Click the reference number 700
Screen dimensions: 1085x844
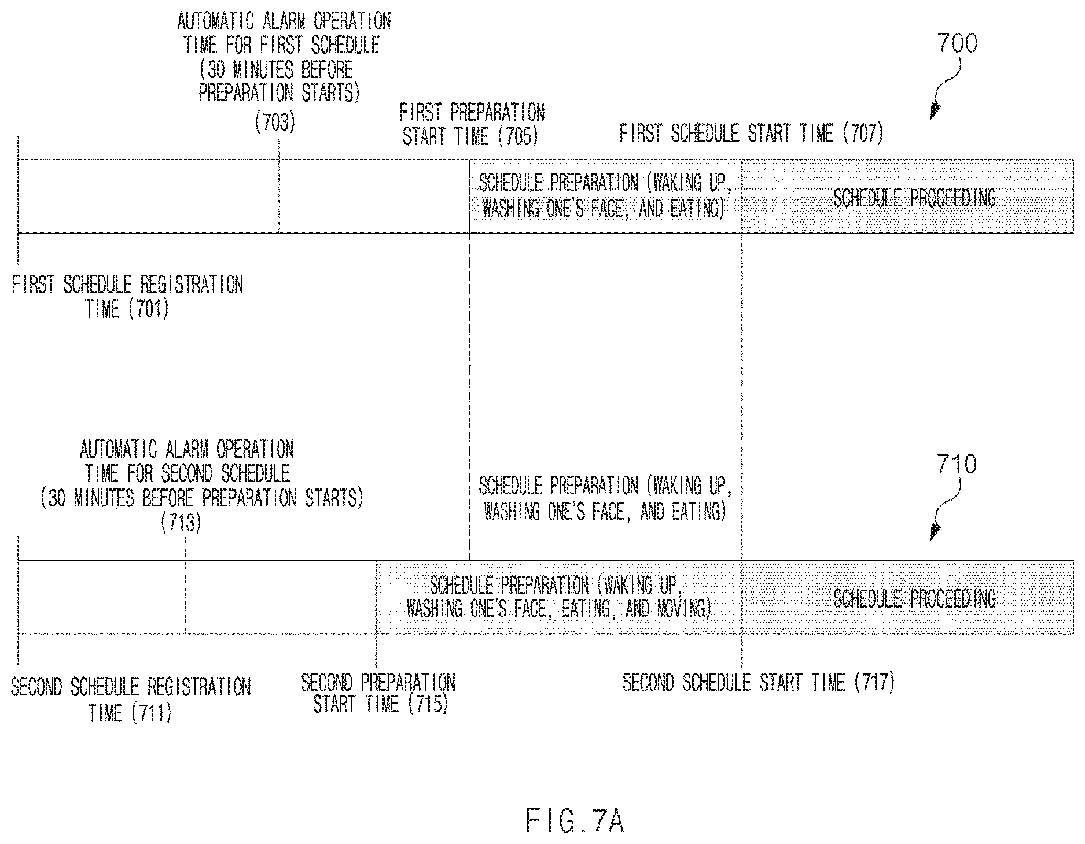tap(957, 44)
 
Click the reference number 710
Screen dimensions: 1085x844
tap(957, 464)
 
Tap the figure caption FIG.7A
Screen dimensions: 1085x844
tap(575, 821)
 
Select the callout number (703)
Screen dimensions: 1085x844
tap(275, 122)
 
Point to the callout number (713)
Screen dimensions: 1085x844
tap(182, 523)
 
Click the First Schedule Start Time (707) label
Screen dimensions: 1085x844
tap(752, 134)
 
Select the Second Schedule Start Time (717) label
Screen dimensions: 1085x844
tap(759, 683)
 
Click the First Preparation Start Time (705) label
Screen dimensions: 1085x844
tap(472, 124)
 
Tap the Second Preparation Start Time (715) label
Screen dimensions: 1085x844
tap(378, 693)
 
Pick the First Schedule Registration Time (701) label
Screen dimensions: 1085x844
tap(127, 297)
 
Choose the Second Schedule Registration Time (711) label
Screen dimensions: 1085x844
tap(131, 699)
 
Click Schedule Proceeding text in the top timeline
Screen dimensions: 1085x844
tap(914, 198)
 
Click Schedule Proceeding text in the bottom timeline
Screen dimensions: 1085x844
tap(914, 598)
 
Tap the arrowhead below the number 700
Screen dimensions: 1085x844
tap(935, 112)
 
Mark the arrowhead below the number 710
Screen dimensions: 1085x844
tap(935, 532)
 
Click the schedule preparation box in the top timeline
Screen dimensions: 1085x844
tap(606, 196)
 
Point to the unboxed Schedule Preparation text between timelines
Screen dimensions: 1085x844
tap(605, 498)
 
